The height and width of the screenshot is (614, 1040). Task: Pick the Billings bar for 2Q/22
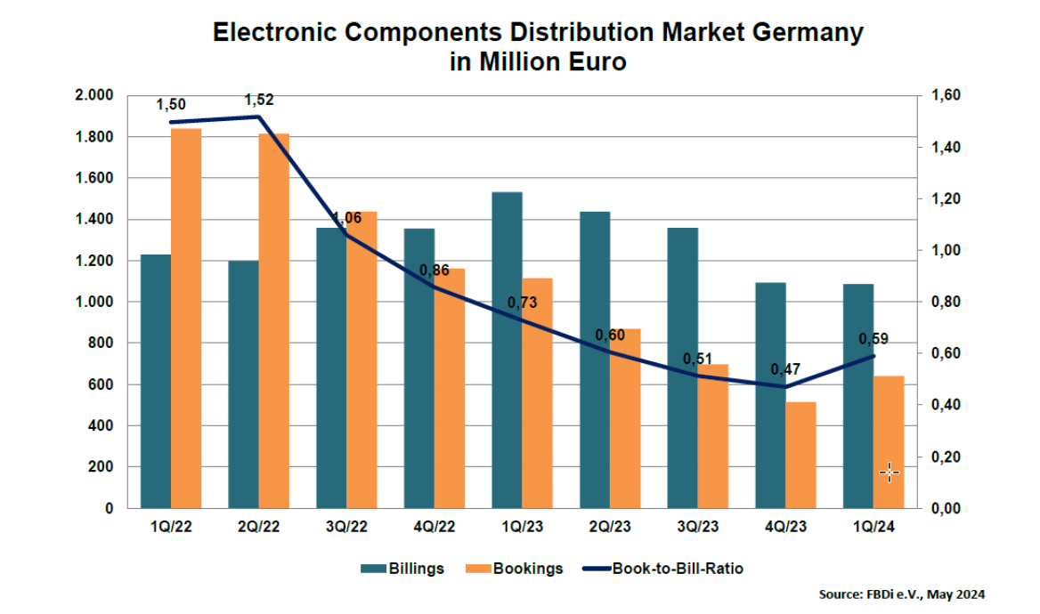tap(244, 384)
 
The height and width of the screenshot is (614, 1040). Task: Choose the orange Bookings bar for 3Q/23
tap(714, 436)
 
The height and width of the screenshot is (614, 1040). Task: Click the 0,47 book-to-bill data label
tap(784, 368)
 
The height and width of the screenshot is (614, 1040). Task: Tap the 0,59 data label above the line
tap(873, 338)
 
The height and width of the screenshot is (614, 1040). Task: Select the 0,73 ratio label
tap(522, 303)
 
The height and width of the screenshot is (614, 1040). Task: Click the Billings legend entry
tap(402, 569)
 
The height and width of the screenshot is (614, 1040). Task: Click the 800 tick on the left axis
tap(104, 343)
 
